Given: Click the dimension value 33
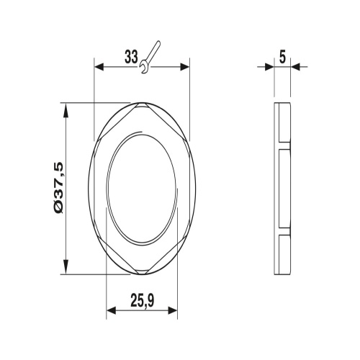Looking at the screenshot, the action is coord(131,57).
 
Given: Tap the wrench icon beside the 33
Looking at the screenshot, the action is coord(150,58).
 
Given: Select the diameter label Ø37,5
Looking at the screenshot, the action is coord(58,188).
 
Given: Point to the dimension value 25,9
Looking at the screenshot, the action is coord(143,300).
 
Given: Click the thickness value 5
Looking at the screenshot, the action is coord(282,58).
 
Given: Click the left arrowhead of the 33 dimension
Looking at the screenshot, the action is coord(99,67).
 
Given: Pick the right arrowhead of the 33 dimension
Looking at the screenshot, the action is coord(184,67).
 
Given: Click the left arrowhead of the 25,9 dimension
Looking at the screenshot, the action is coord(111,311).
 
